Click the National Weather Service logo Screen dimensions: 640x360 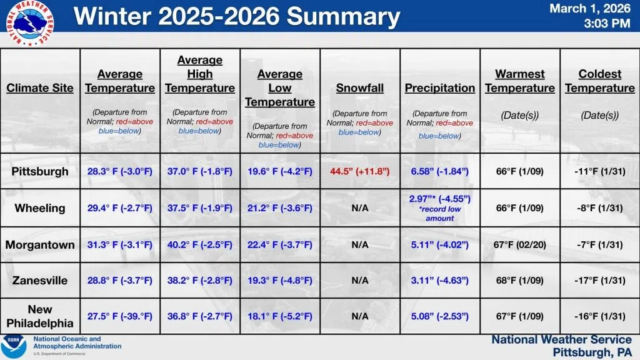[x=29, y=23]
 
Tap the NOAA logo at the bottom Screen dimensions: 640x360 [x=14, y=346]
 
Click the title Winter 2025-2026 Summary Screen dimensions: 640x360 [x=237, y=16]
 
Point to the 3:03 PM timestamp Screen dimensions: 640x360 [x=607, y=23]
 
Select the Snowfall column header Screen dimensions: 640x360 [x=359, y=88]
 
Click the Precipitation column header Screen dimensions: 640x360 [x=439, y=88]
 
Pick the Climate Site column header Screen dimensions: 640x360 [x=40, y=88]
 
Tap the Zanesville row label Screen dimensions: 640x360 [x=40, y=281]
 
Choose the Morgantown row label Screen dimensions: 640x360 [x=40, y=245]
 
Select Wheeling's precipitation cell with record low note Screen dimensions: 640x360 [x=439, y=208]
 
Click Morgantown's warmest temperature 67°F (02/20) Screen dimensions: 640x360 [x=519, y=245]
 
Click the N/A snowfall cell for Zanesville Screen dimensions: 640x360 [x=359, y=281]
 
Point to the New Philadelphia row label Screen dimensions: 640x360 [x=40, y=316]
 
